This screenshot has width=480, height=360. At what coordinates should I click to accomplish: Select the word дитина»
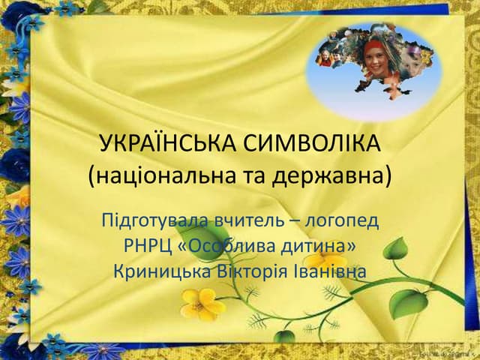pos(323,246)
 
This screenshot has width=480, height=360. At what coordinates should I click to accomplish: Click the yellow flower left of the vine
pos(202,304)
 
